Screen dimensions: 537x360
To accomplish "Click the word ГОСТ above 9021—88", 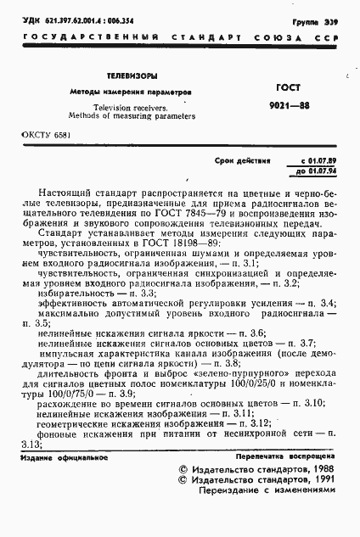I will point(289,87).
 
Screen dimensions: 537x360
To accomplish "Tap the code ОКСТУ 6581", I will point(41,136).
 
